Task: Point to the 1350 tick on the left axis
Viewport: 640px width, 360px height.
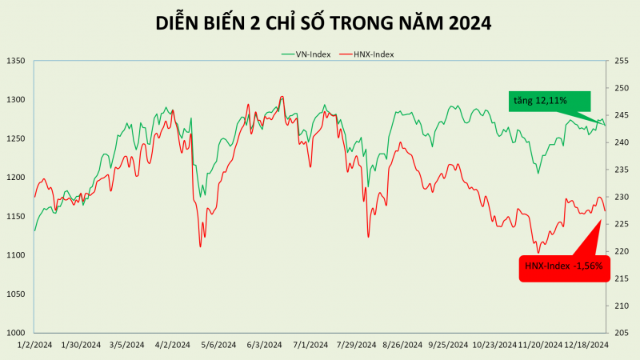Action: [x=16, y=61]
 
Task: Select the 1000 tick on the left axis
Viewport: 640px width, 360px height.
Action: [x=16, y=333]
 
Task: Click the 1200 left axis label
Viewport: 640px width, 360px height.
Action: [x=16, y=178]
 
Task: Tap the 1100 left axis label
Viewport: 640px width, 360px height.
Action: [x=16, y=255]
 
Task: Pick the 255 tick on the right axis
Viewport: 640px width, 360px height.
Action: [x=622, y=61]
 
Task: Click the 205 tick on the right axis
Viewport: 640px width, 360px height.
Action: [x=622, y=333]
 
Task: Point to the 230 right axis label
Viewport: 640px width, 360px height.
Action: [x=622, y=197]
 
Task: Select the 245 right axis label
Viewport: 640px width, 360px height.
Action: [x=622, y=115]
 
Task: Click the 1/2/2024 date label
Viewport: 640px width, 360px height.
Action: [x=35, y=345]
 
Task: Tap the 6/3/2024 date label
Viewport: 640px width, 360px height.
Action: [x=263, y=345]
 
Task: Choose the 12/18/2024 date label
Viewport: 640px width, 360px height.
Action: [x=586, y=345]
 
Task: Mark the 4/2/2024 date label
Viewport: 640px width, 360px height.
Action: [x=172, y=345]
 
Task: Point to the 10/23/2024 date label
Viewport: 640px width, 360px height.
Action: [x=494, y=345]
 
